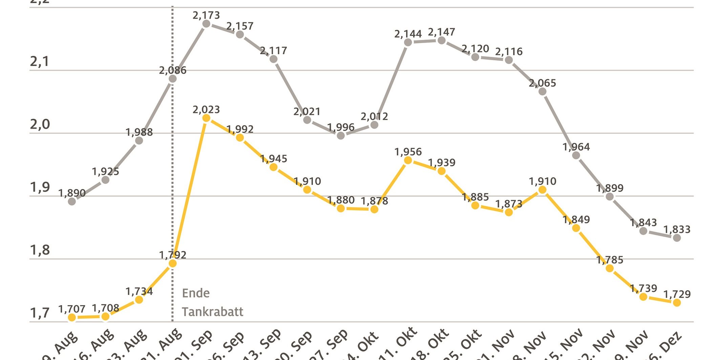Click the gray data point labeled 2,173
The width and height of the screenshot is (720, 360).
pyautogui.click(x=206, y=24)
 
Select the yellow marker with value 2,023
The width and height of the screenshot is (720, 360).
pyautogui.click(x=206, y=118)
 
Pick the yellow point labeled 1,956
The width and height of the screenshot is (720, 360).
pyautogui.click(x=408, y=160)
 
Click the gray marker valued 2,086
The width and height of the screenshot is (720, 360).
pyautogui.click(x=172, y=79)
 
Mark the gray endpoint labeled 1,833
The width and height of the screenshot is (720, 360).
pyautogui.click(x=677, y=238)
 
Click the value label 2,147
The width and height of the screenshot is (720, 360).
pyautogui.click(x=441, y=32)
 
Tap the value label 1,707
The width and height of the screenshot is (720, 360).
pyautogui.click(x=72, y=309)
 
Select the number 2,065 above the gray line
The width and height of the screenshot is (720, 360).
pyautogui.click(x=542, y=83)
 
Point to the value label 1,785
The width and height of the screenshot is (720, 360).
pyautogui.click(x=610, y=260)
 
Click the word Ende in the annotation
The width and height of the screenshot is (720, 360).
pyautogui.click(x=196, y=293)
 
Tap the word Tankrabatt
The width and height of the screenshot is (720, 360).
pyautogui.click(x=212, y=312)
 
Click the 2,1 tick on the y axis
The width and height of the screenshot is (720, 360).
pyautogui.click(x=40, y=62)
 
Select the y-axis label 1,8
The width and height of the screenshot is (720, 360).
pyautogui.click(x=40, y=250)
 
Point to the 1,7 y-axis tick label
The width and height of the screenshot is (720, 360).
pyautogui.click(x=40, y=313)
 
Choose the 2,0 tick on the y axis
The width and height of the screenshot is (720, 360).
pyautogui.click(x=40, y=125)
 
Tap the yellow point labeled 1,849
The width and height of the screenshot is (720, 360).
pyautogui.click(x=576, y=228)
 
